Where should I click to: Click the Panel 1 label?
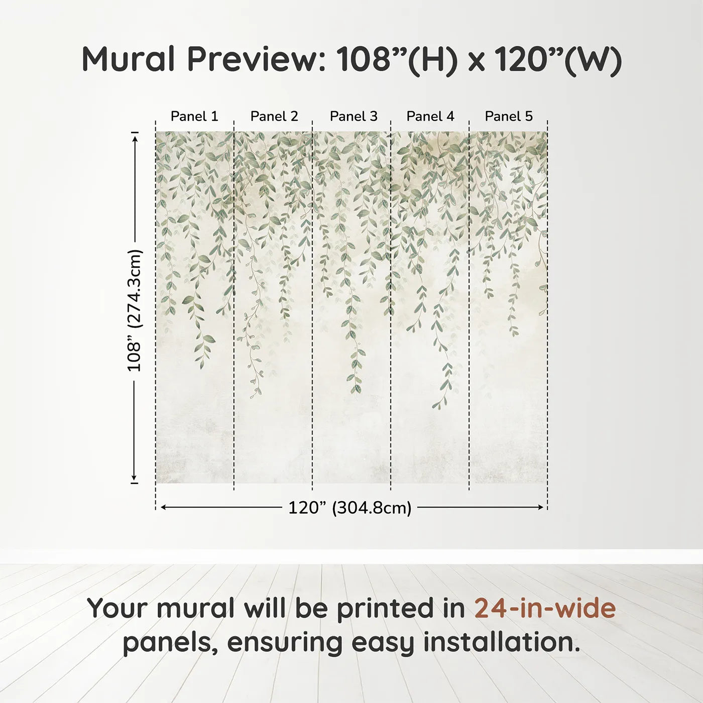pyautogui.click(x=194, y=116)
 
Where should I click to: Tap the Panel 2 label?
pyautogui.click(x=274, y=116)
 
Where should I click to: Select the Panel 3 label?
pyautogui.click(x=354, y=116)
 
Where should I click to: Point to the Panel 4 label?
pyautogui.click(x=430, y=116)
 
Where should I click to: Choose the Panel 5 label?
pyautogui.click(x=509, y=116)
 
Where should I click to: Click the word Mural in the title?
pyautogui.click(x=128, y=59)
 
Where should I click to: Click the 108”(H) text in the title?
pyautogui.click(x=397, y=59)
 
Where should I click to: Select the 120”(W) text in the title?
pyautogui.click(x=558, y=59)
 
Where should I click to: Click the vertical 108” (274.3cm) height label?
pyautogui.click(x=135, y=310)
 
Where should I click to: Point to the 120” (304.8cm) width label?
pyautogui.click(x=350, y=508)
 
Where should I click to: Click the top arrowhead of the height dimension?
pyautogui.click(x=135, y=137)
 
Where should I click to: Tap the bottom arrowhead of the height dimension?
pyautogui.click(x=135, y=478)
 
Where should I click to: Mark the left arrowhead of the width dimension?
pyautogui.click(x=163, y=508)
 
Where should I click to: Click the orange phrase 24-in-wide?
pyautogui.click(x=545, y=608)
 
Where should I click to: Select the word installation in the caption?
pyautogui.click(x=501, y=642)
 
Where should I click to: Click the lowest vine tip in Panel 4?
pyautogui.click(x=435, y=407)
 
